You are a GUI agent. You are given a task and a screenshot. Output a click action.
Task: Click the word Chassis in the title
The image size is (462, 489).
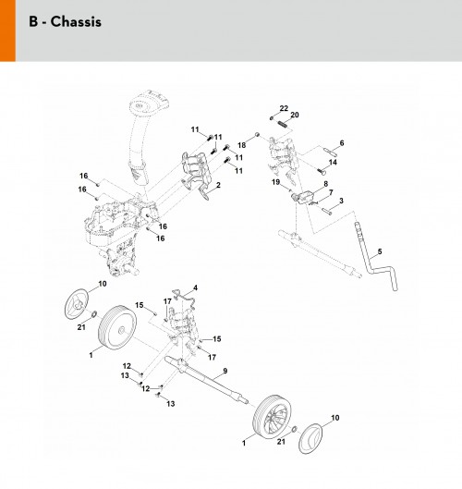(76, 22)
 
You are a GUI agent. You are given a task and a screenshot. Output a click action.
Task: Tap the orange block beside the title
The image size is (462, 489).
(7, 31)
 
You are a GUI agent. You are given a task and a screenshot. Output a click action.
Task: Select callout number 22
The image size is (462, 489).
(284, 108)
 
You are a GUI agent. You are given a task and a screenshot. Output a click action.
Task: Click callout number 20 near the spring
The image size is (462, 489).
(295, 115)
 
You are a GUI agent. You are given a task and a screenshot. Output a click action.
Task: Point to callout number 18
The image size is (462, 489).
(241, 145)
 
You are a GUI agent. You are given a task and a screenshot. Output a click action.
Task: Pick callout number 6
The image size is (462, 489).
(342, 143)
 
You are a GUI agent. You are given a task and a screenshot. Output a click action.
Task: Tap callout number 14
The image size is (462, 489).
(333, 162)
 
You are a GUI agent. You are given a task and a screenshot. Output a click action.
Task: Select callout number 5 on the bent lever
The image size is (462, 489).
(380, 251)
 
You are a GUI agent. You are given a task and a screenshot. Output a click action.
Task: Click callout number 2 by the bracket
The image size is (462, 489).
(218, 185)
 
